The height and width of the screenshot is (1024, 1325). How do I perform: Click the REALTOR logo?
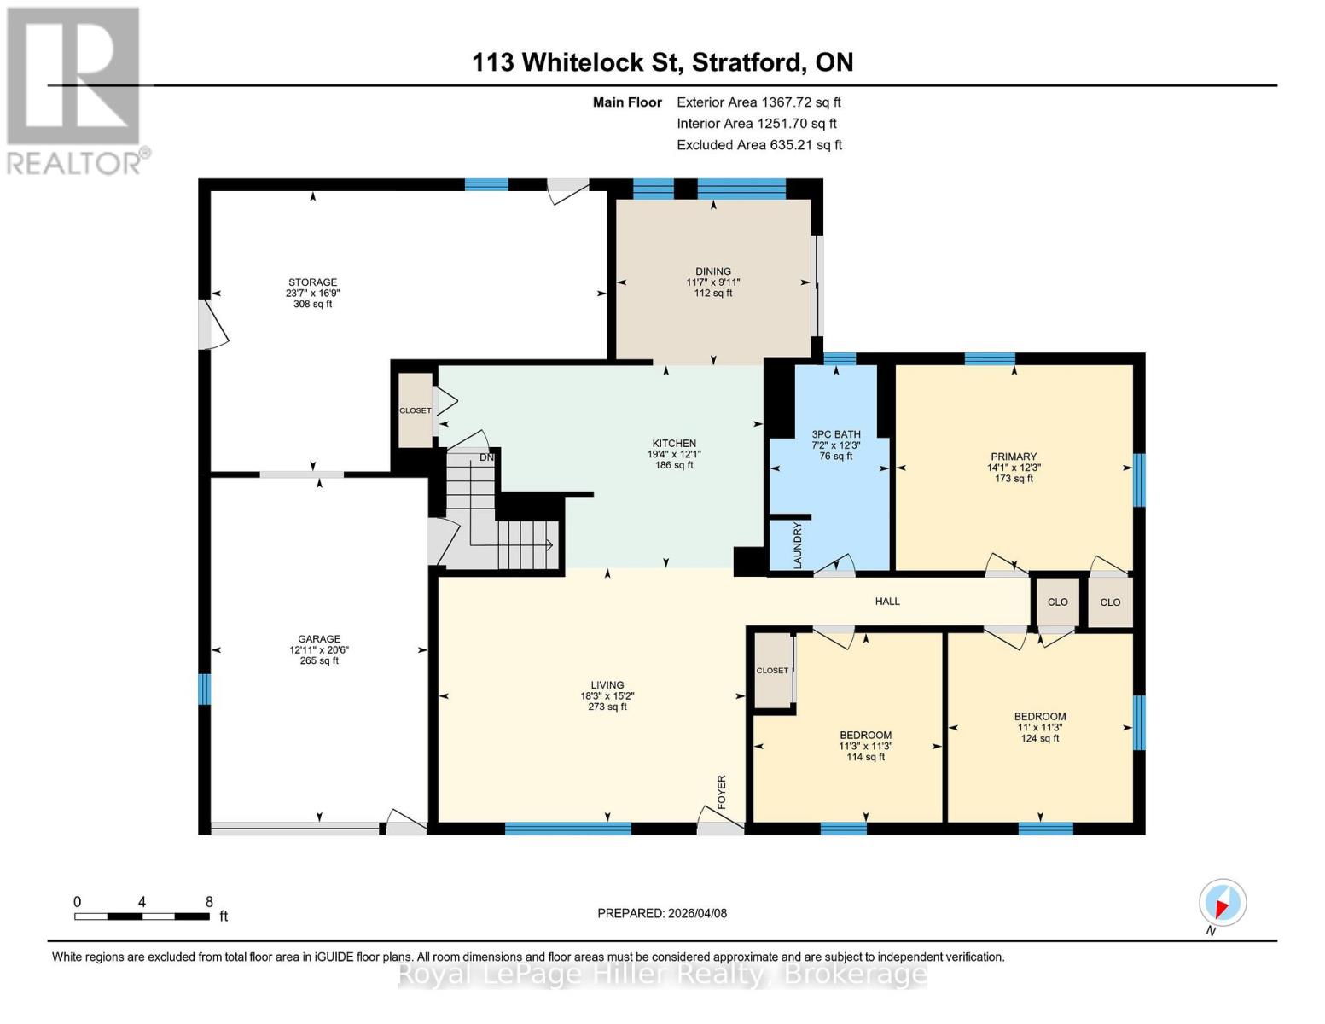point(74,90)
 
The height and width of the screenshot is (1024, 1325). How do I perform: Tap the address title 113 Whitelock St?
point(662,62)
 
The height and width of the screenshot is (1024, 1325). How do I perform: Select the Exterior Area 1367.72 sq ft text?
point(758,102)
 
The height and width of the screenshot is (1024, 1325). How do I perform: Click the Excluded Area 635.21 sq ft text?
point(758,145)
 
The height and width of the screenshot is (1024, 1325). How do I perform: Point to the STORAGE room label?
point(312,282)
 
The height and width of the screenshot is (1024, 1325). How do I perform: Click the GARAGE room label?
point(319,639)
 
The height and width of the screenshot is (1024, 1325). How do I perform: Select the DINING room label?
point(713,271)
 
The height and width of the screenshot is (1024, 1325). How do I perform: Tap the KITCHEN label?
point(674,444)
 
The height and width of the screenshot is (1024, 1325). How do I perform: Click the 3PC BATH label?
point(836,434)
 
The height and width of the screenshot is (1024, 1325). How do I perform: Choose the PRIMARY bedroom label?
point(1014,457)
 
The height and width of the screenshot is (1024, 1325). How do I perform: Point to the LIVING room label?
point(607,685)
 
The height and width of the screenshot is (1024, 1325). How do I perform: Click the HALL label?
point(887,602)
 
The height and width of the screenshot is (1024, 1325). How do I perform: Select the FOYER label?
point(722,792)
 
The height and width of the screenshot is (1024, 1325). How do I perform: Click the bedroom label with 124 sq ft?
point(1040,717)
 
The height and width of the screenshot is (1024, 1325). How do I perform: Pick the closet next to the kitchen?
point(416,410)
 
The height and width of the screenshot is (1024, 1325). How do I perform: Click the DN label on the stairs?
point(486,457)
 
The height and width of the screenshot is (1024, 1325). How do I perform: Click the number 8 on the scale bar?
point(208,902)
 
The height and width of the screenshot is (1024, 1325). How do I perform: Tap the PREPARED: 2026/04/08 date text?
point(662,913)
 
